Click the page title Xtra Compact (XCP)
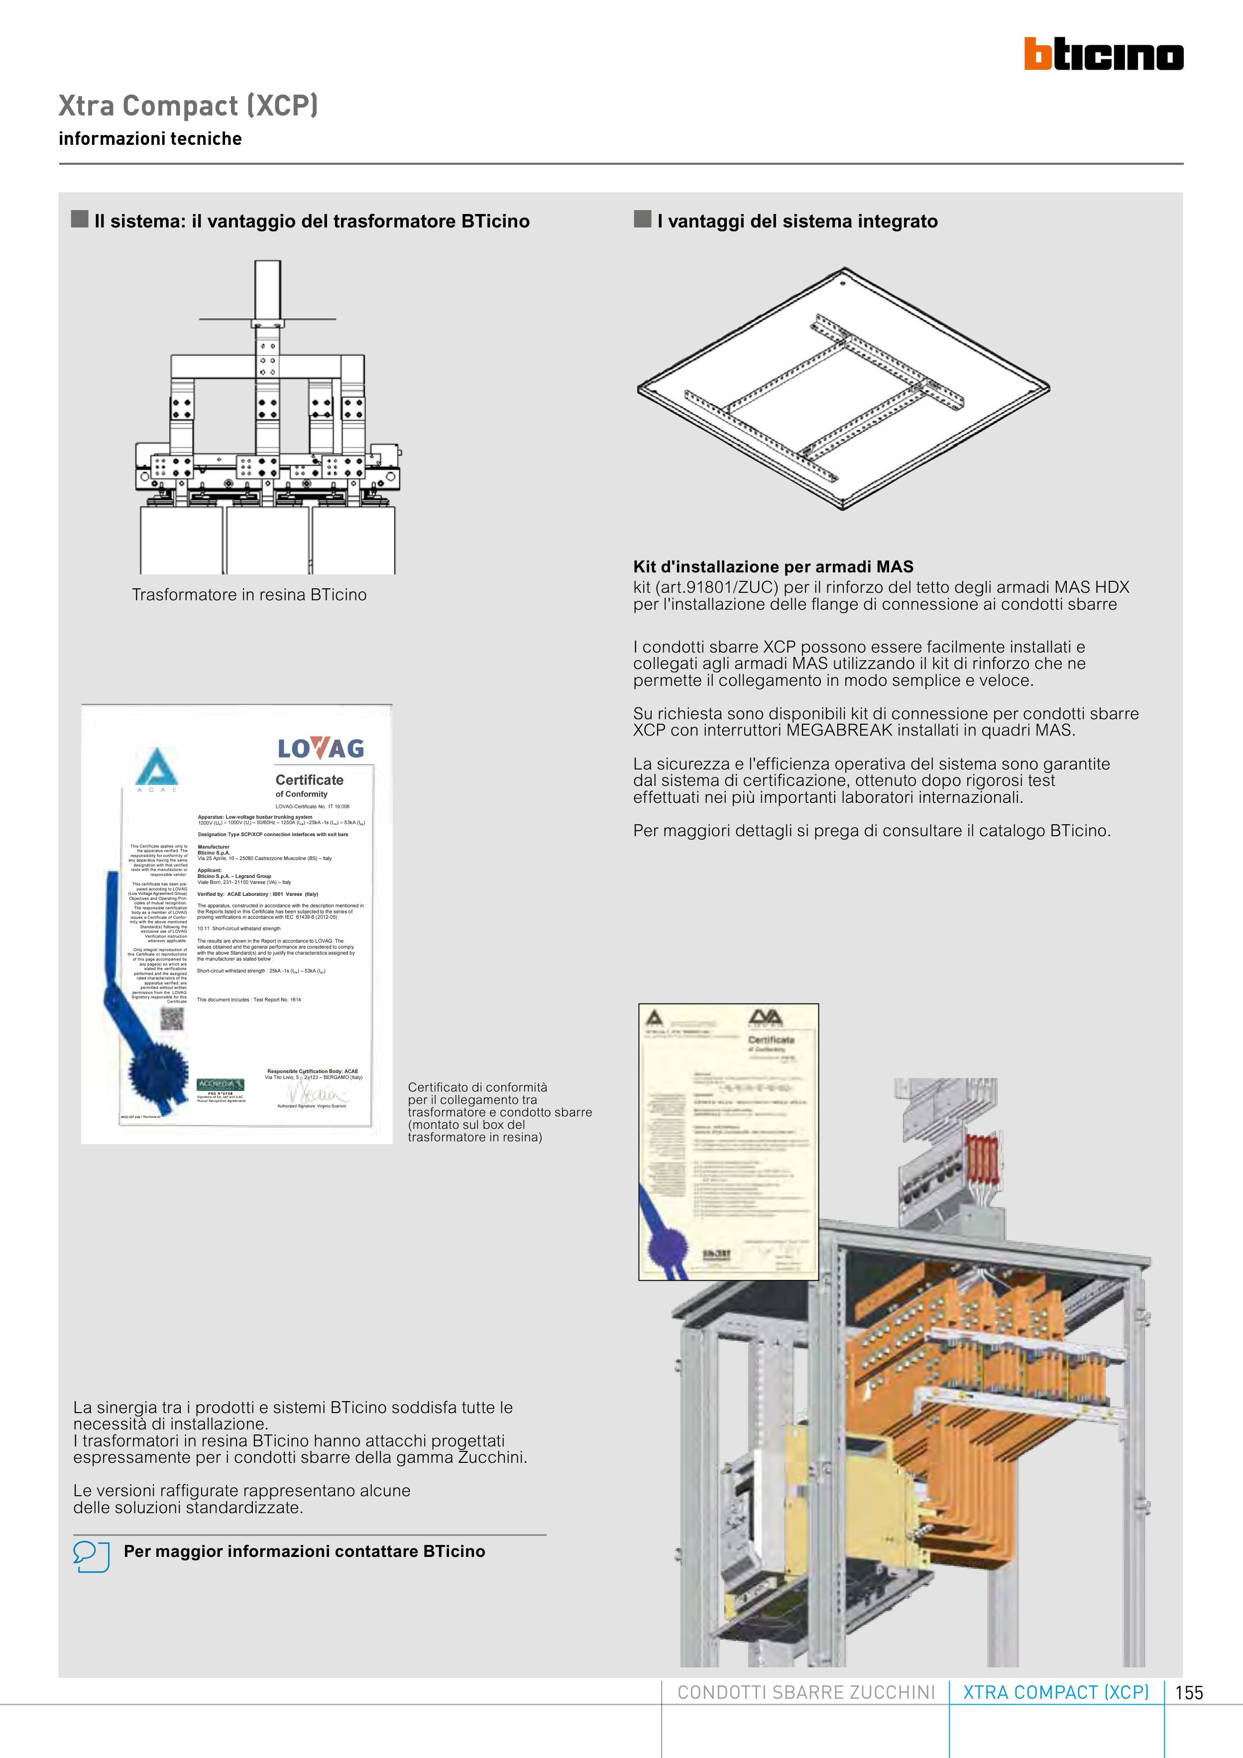click(x=188, y=106)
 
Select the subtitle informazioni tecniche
click(x=150, y=138)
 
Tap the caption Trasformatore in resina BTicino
click(x=249, y=595)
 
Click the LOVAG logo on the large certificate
click(x=321, y=748)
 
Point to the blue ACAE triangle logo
click(x=157, y=767)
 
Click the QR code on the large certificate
click(x=172, y=1019)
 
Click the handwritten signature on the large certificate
click(x=314, y=1092)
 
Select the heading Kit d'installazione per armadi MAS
click(x=773, y=566)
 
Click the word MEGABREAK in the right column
click(x=839, y=731)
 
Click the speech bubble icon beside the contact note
click(x=91, y=1556)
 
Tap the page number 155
click(x=1189, y=1693)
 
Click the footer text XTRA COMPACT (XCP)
click(x=1055, y=1693)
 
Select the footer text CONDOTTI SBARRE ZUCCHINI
click(x=806, y=1693)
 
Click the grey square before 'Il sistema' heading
click(x=80, y=219)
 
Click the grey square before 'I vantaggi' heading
click(x=643, y=219)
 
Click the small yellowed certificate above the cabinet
click(x=728, y=1142)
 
